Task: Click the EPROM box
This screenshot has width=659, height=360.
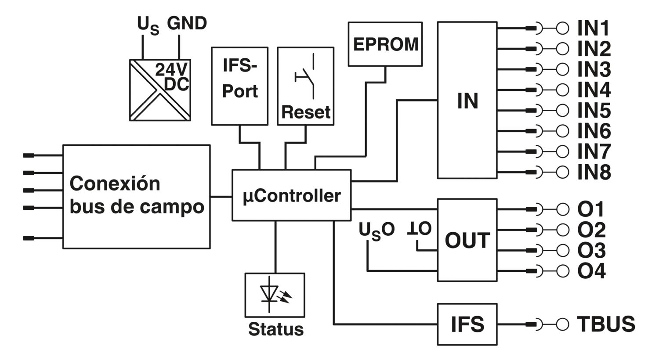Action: pyautogui.click(x=385, y=44)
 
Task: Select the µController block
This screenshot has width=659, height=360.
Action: pyautogui.click(x=292, y=195)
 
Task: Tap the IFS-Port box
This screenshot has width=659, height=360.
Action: pyautogui.click(x=240, y=86)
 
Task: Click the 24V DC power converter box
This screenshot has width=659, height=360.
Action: pyautogui.click(x=160, y=90)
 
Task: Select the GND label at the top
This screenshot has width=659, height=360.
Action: pyautogui.click(x=187, y=23)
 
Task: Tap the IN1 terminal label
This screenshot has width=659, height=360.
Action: pyautogui.click(x=593, y=29)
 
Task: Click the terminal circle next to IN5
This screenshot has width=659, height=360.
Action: pyautogui.click(x=562, y=111)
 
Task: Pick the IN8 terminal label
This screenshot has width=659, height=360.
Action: pyautogui.click(x=594, y=172)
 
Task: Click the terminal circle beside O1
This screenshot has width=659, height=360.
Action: pyautogui.click(x=562, y=209)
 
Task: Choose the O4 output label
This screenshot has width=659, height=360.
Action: pyautogui.click(x=591, y=271)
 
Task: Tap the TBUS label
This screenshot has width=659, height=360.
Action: pyautogui.click(x=606, y=324)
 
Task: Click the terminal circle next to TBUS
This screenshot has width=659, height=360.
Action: pyautogui.click(x=562, y=324)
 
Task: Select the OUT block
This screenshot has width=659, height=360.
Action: pyautogui.click(x=467, y=240)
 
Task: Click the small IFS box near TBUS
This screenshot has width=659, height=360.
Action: pyautogui.click(x=467, y=324)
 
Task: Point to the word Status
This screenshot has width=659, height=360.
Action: pyautogui.click(x=276, y=329)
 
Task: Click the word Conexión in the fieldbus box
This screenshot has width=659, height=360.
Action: pyautogui.click(x=115, y=184)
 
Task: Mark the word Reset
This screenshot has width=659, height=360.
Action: pyautogui.click(x=306, y=112)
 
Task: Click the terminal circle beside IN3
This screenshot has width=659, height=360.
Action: pyautogui.click(x=562, y=69)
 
